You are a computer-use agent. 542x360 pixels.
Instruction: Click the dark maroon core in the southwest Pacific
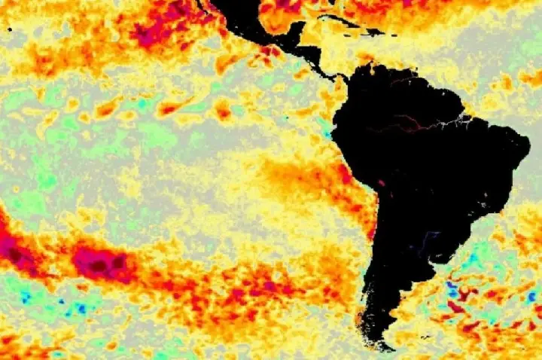(x=99, y=264)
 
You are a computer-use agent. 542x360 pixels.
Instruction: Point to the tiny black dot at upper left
(x=9, y=29)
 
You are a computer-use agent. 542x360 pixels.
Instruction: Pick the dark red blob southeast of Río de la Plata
(x=455, y=307)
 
